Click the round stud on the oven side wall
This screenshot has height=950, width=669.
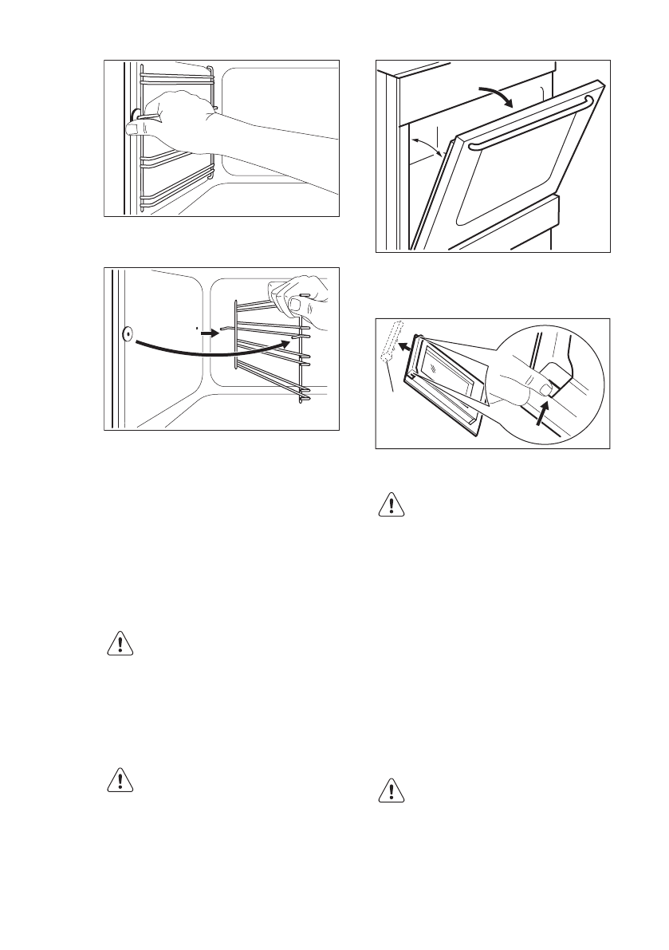point(126,334)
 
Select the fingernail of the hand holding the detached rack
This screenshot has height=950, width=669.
point(299,305)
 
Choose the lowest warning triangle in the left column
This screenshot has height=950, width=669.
point(120,780)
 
